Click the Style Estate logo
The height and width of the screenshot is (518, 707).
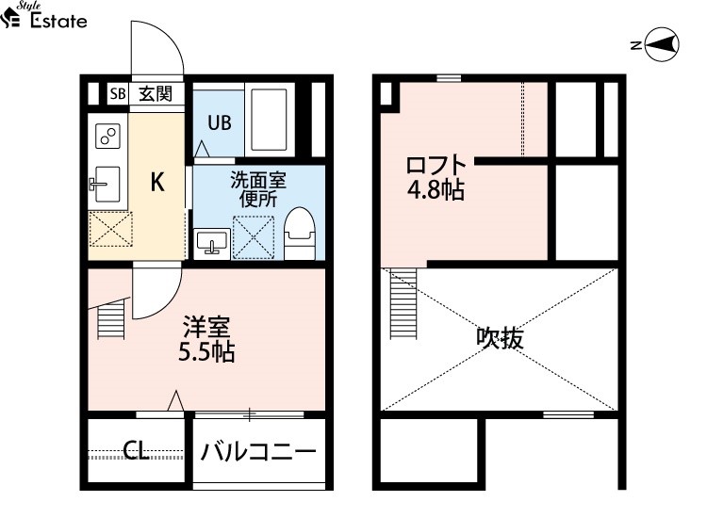coord(43,15)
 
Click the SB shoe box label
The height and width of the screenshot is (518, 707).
coord(118,93)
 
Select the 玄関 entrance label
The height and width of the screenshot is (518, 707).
coord(156,93)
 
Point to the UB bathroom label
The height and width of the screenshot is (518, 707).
coord(220,122)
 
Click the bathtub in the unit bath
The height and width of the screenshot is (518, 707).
coord(269,120)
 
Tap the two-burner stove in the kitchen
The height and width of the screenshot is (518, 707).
coord(108,136)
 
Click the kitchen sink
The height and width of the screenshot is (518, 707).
coord(106,185)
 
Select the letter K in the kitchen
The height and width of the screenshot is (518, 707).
coord(156,182)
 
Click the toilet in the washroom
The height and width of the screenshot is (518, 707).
coord(300,234)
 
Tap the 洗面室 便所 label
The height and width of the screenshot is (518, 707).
coord(258,189)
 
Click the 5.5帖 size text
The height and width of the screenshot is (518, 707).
coord(206,352)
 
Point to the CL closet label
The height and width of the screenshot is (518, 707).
coord(136,450)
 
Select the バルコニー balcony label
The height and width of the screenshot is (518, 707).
coord(258,452)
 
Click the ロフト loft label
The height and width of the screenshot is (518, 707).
coord(436,166)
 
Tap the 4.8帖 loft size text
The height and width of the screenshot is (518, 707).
coord(436,189)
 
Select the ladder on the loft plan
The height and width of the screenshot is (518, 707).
coord(403,303)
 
